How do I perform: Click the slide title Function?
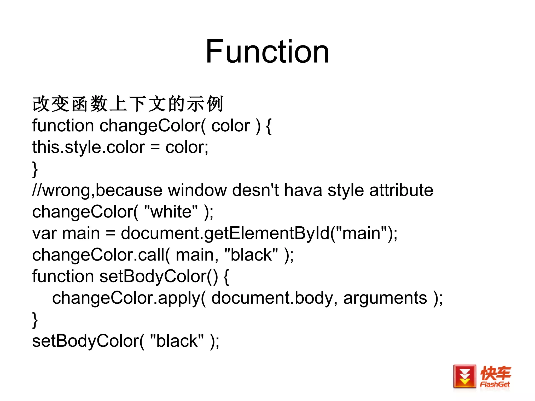click(x=267, y=51)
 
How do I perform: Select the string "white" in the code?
click(x=171, y=211)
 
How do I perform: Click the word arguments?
click(x=385, y=298)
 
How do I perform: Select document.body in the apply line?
click(x=272, y=298)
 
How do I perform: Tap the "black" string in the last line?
click(x=177, y=341)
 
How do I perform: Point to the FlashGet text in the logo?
click(x=495, y=385)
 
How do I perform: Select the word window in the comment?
click(x=197, y=190)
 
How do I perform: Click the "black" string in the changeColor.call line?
click(x=251, y=255)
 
